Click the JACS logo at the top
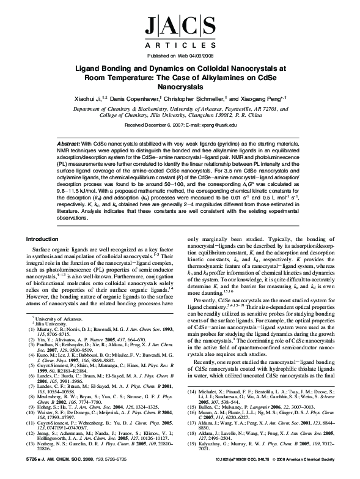coord(180,27)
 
